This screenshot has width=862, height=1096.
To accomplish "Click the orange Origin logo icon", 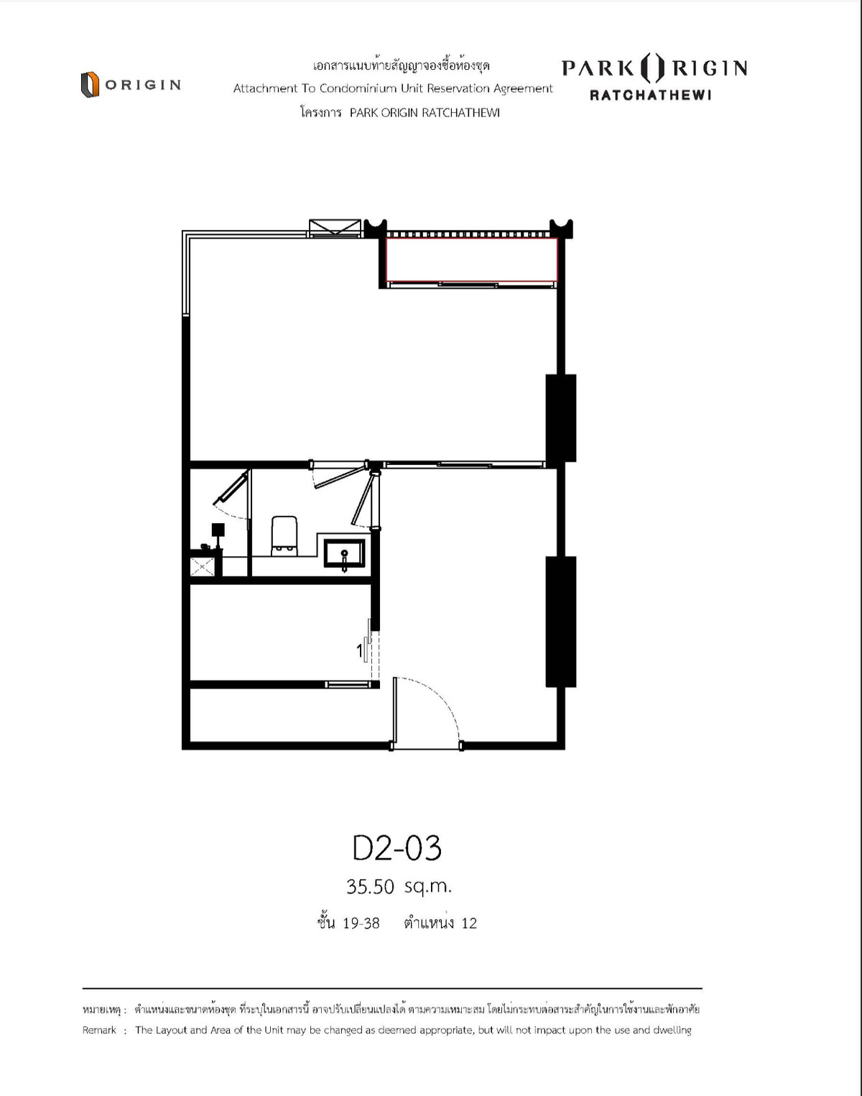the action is click(x=90, y=85).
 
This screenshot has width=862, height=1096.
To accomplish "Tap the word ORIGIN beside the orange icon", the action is click(x=143, y=85).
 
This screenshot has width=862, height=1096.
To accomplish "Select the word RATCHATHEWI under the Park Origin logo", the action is click(x=650, y=95).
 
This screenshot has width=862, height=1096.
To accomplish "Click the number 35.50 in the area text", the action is click(x=370, y=887).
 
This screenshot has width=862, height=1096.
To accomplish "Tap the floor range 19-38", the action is click(x=361, y=924).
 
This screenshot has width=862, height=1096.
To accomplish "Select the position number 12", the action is click(x=469, y=924).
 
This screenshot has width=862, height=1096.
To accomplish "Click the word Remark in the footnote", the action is click(x=99, y=1030).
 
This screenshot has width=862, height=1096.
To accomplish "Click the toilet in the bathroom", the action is click(x=284, y=535).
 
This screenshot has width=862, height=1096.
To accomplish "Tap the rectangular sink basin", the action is click(x=345, y=553).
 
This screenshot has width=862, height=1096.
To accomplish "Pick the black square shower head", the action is click(x=218, y=529).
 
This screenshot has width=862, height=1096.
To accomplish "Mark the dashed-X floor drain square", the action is click(x=202, y=567).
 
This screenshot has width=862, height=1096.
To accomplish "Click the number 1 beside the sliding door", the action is click(x=360, y=650).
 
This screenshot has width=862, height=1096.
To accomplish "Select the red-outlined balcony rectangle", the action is click(x=471, y=259).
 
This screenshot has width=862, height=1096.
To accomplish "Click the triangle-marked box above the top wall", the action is click(x=335, y=227).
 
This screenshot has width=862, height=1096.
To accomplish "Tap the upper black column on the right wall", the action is click(x=560, y=418).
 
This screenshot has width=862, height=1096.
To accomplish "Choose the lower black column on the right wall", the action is click(x=560, y=622).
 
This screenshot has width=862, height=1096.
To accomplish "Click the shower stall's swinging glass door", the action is click(x=232, y=487).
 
